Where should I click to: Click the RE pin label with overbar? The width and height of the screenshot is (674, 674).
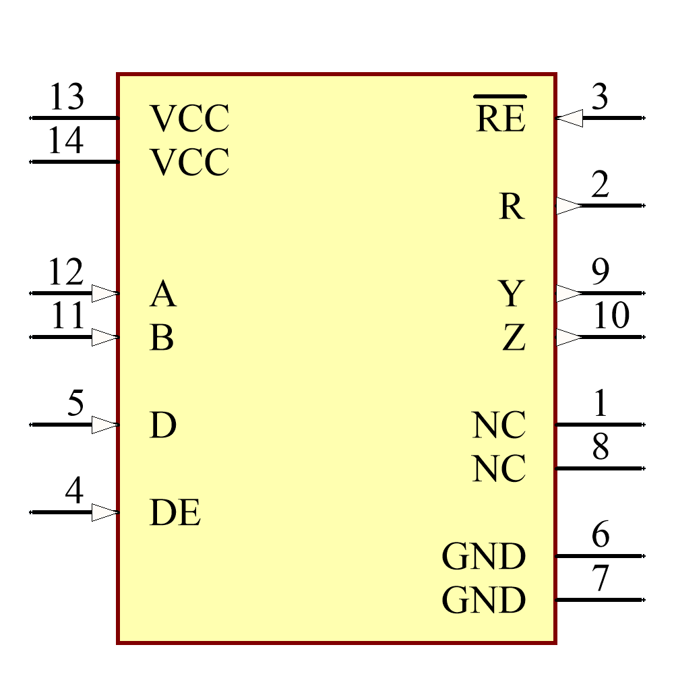pyautogui.click(x=500, y=118)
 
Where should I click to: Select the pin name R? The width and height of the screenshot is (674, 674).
pyautogui.click(x=512, y=206)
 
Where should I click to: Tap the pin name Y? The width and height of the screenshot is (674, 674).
pyautogui.click(x=512, y=294)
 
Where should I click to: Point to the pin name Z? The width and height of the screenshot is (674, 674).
pyautogui.click(x=514, y=338)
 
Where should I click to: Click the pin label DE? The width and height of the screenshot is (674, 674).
pyautogui.click(x=175, y=513)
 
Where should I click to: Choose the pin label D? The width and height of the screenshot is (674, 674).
pyautogui.click(x=162, y=425)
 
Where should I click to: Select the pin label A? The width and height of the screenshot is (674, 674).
pyautogui.click(x=162, y=294)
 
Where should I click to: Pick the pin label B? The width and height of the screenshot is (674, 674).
pyautogui.click(x=162, y=338)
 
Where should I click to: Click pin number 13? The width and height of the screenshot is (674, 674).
pyautogui.click(x=67, y=98)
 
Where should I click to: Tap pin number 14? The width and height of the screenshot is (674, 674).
pyautogui.click(x=66, y=142)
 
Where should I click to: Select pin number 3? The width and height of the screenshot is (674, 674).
pyautogui.click(x=599, y=98)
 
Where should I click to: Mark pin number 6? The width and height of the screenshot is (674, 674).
pyautogui.click(x=601, y=535)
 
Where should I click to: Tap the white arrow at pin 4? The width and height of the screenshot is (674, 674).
pyautogui.click(x=104, y=512)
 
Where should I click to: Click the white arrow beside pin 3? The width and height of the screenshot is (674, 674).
pyautogui.click(x=570, y=118)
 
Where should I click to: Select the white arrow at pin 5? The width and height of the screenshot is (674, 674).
pyautogui.click(x=104, y=425)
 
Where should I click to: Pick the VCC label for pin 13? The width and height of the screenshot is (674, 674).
pyautogui.click(x=189, y=119)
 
